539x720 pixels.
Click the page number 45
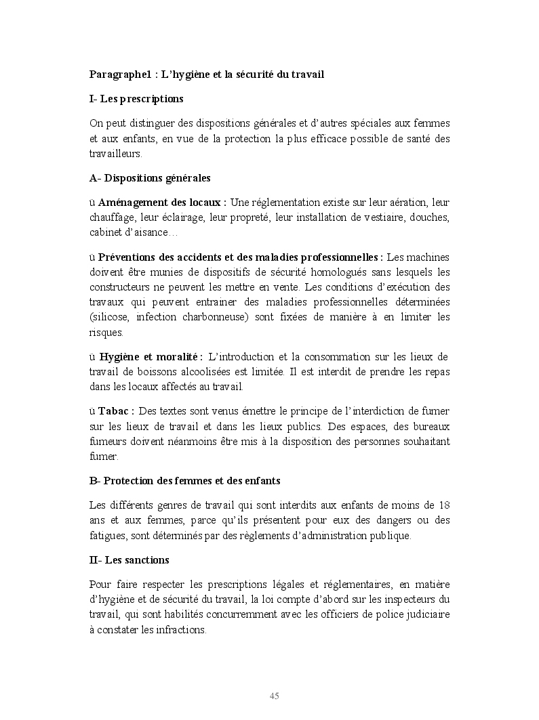[275, 696]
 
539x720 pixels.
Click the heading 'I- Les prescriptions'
[136, 99]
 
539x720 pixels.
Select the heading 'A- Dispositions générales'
[150, 178]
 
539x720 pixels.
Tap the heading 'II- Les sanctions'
[129, 560]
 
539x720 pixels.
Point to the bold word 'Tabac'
[115, 411]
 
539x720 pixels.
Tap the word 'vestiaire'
[380, 217]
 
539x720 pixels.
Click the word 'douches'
[430, 217]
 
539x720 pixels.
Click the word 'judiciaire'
[426, 614]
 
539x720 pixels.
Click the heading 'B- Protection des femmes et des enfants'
[184, 480]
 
